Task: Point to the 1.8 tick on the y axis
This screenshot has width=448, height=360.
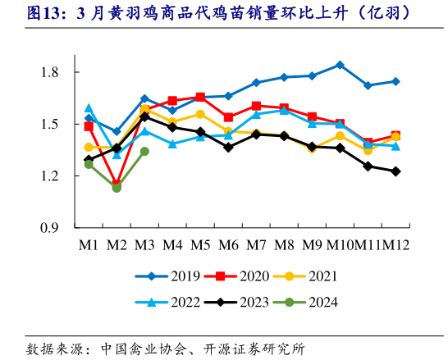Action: pos(48,72)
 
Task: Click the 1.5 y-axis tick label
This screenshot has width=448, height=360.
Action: pos(48,124)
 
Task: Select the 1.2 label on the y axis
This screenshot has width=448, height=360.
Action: pos(48,176)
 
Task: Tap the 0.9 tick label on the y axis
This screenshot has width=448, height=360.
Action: pos(48,228)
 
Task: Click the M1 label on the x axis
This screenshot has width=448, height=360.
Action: pos(89,244)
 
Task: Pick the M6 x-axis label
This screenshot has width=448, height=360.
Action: pos(228,244)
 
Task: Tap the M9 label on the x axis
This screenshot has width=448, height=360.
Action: pos(312,244)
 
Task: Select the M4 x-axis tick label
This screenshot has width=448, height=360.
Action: pos(172,244)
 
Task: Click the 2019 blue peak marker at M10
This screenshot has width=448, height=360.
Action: pos(340,64)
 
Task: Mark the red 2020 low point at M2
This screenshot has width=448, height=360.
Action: pos(117,185)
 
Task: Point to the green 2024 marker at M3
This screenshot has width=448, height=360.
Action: pos(144,151)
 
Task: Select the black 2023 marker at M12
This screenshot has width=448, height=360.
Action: pos(395,171)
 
